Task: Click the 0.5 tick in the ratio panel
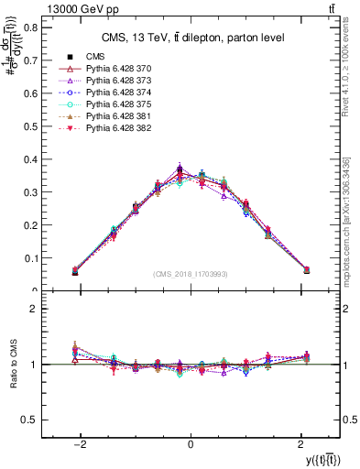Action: point(29,420)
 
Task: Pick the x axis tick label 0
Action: point(190,442)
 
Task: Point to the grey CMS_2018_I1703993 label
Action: point(190,273)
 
